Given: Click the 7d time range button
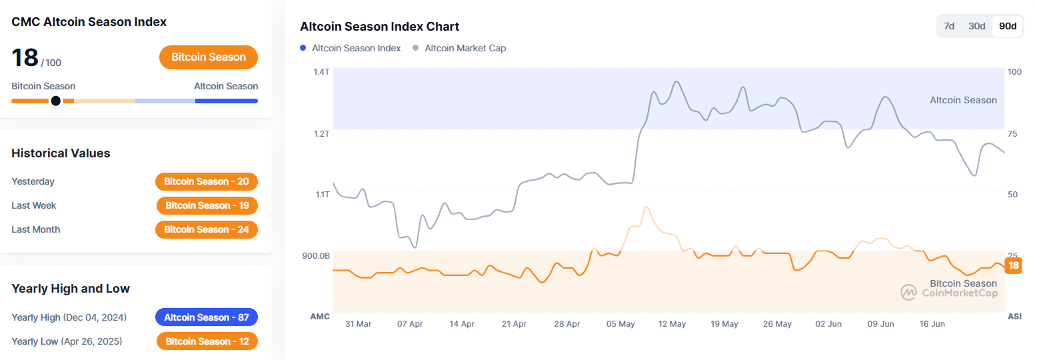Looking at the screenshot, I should [x=950, y=26].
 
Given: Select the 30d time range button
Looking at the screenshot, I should [x=977, y=26].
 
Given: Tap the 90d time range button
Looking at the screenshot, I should [x=1008, y=26].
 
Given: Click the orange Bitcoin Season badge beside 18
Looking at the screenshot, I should [x=209, y=57].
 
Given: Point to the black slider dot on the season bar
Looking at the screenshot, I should [x=56, y=101].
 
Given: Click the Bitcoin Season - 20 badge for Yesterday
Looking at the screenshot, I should [x=207, y=181].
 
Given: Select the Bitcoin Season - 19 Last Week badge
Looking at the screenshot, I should [x=207, y=205].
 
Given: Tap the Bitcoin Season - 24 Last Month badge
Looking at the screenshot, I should [x=207, y=229].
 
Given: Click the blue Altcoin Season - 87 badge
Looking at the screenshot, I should [x=207, y=317].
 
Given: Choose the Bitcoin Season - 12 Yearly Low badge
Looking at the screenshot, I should [x=207, y=341].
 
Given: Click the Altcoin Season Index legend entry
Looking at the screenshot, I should [x=351, y=48].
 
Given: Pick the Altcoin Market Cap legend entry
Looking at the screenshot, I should [x=459, y=48].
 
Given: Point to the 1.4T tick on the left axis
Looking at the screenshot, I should [x=322, y=71].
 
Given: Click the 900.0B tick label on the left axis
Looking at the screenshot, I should [x=316, y=255].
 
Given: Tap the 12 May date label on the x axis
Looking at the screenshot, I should [x=672, y=324].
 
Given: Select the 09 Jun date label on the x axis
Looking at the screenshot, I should [x=880, y=324].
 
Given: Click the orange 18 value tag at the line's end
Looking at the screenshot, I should [x=1013, y=265].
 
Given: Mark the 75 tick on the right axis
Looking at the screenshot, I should [x=1012, y=134].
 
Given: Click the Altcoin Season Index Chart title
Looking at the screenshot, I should [x=379, y=27].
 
